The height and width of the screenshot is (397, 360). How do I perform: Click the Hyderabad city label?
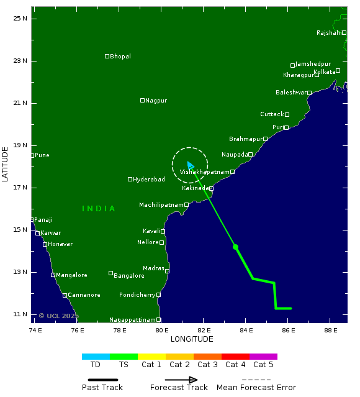pyautogui.click(x=149, y=180)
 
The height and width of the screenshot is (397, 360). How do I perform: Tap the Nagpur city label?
pyautogui.click(x=156, y=101)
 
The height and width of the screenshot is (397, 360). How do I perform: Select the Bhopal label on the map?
pyautogui.click(x=120, y=57)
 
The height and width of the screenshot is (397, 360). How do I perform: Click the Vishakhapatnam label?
pyautogui.click(x=204, y=172)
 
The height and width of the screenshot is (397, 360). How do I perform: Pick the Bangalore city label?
pyautogui.click(x=129, y=275)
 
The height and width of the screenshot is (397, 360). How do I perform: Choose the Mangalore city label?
pyautogui.click(x=71, y=275)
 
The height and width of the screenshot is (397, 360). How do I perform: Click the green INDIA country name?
pyautogui.click(x=99, y=209)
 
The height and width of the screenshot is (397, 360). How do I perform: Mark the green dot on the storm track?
pyautogui.click(x=235, y=247)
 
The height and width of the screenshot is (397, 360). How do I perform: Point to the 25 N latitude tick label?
pyautogui.click(x=20, y=18)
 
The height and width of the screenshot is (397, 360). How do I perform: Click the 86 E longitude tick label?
pyautogui.click(x=287, y=330)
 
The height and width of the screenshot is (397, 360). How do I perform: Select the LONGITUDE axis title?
pyautogui.click(x=192, y=339)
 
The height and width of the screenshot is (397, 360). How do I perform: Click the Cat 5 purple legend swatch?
pyautogui.click(x=263, y=357)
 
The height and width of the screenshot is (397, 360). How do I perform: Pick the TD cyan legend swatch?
pyautogui.click(x=96, y=357)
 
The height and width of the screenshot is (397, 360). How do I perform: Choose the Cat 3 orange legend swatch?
pyautogui.click(x=207, y=357)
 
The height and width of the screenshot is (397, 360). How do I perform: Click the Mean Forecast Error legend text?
pyautogui.click(x=256, y=388)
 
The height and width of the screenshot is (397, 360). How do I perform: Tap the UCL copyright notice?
pyautogui.click(x=59, y=316)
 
